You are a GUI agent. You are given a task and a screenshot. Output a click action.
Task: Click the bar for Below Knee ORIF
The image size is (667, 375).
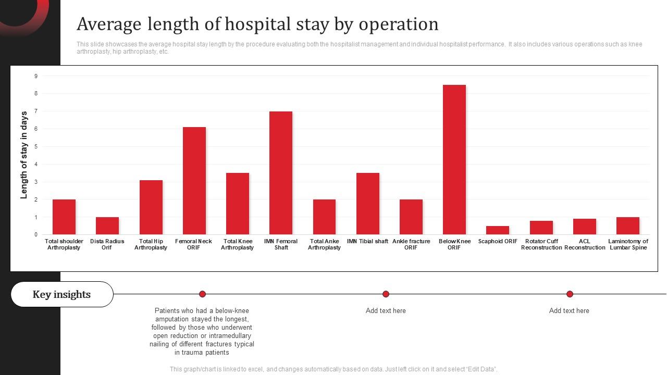click(x=454, y=159)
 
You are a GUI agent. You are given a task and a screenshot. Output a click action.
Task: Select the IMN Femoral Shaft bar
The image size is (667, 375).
click(x=280, y=173)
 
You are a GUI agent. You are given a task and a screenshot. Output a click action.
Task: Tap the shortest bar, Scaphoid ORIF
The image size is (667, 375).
click(x=498, y=230)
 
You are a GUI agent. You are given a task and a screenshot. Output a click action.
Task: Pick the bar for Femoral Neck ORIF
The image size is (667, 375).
click(x=194, y=181)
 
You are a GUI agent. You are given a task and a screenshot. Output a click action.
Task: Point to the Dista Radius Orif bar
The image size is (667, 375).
click(x=107, y=226)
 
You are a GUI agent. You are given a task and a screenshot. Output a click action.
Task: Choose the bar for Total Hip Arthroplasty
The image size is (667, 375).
click(x=151, y=207)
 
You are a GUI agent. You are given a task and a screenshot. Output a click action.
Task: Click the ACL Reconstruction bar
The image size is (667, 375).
click(x=584, y=227)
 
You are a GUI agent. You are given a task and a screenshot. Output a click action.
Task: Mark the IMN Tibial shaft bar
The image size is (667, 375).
click(x=367, y=204)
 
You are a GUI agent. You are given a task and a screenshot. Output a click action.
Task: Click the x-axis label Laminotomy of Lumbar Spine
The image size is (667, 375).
click(x=628, y=244)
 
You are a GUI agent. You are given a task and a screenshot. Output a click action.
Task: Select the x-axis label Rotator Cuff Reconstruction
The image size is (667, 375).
click(x=541, y=244)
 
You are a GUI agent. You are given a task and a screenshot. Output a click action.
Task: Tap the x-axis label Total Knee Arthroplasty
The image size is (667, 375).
click(x=237, y=244)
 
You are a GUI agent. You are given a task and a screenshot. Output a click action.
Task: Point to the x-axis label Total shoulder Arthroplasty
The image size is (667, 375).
click(x=64, y=244)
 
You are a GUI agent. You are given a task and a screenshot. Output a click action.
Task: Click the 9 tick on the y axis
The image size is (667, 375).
click(x=36, y=76)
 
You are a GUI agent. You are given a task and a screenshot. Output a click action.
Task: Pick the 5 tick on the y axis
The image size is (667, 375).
click(x=36, y=147)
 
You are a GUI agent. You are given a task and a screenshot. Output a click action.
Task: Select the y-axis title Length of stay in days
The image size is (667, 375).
click(x=24, y=155)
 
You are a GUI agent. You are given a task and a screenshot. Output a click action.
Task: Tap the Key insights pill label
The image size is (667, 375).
click(x=61, y=294)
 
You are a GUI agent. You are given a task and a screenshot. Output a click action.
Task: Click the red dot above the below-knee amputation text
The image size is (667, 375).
click(x=202, y=294)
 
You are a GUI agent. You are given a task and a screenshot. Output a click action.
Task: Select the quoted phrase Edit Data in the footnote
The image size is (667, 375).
click(x=479, y=369)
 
